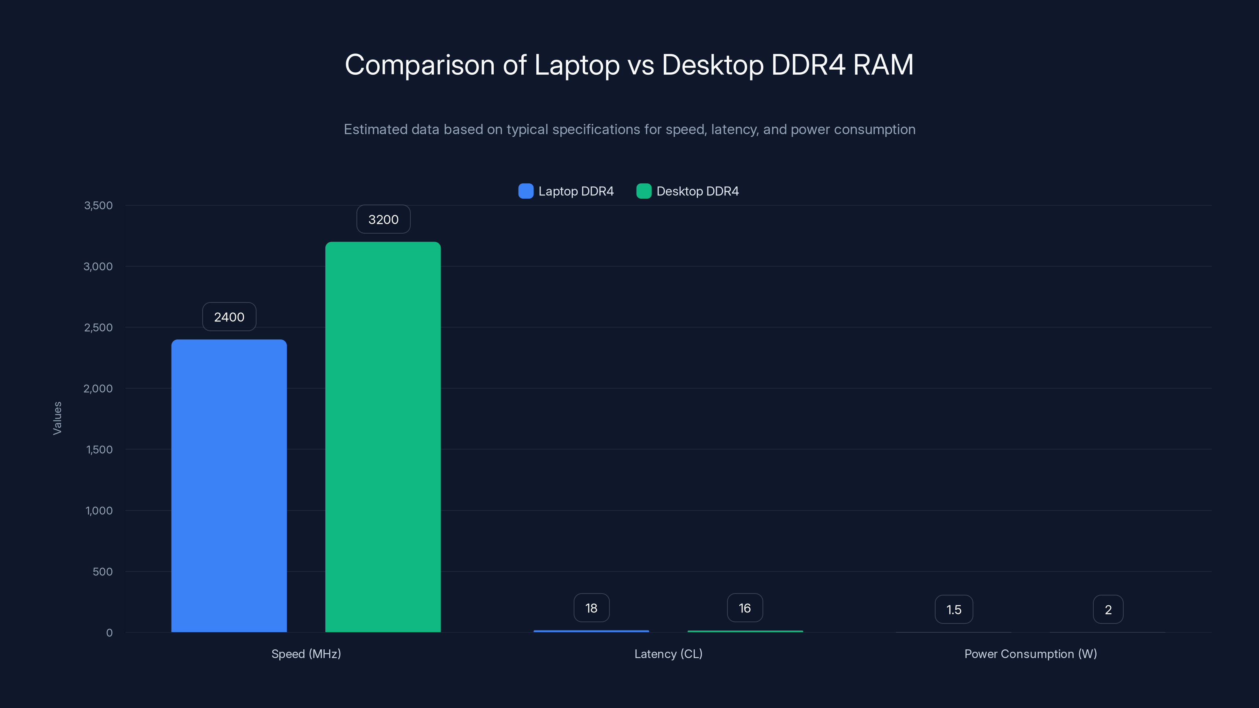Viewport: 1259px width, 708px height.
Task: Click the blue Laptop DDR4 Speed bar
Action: [229, 486]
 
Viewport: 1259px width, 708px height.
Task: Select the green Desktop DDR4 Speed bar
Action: [383, 437]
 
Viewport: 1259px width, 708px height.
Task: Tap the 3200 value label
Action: [383, 219]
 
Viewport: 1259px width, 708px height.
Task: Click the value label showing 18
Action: [591, 608]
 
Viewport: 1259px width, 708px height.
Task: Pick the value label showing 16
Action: [745, 608]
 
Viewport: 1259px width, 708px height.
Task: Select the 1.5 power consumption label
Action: [954, 609]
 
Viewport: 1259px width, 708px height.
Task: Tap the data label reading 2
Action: [1108, 609]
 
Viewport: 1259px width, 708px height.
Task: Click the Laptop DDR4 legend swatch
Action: [525, 191]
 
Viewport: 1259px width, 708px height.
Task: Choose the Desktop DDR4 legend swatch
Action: [644, 191]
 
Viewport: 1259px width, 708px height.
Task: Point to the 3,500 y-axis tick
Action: [98, 205]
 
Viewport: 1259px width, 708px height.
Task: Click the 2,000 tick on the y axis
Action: [98, 389]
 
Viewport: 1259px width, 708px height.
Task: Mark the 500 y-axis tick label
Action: [103, 572]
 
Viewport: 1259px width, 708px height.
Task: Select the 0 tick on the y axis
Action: [109, 633]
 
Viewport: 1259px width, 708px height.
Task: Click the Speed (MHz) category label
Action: [306, 654]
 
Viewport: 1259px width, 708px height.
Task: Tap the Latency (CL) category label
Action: [668, 654]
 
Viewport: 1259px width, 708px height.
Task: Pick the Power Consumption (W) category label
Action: [1030, 654]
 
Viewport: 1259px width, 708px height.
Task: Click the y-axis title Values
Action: [57, 418]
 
